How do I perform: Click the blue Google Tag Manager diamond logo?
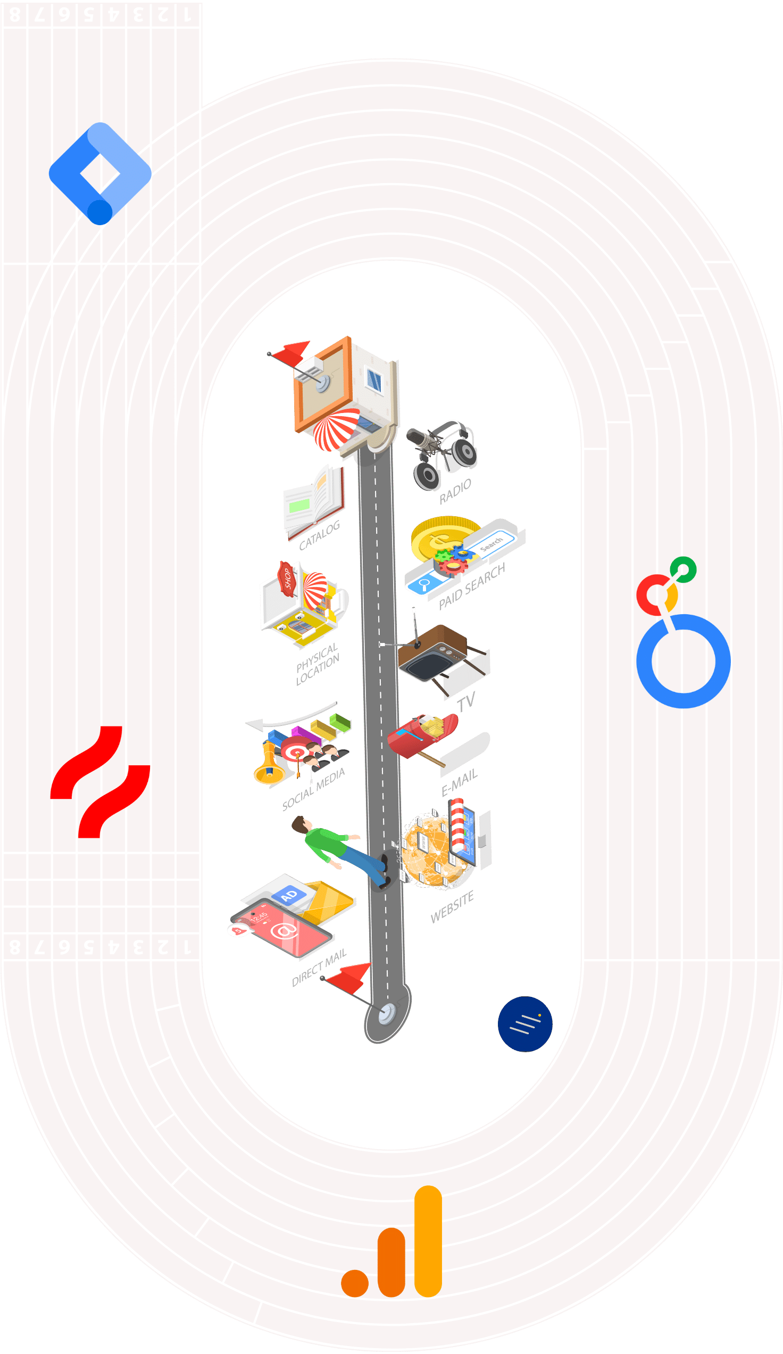(100, 173)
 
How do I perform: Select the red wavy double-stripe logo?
(100, 782)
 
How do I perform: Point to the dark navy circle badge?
(524, 1023)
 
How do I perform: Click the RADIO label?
(455, 491)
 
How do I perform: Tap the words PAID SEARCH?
(471, 586)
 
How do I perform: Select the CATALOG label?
(320, 535)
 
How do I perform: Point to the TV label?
(465, 701)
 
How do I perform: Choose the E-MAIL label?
(459, 783)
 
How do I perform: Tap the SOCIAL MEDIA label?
(314, 789)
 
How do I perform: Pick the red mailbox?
(419, 736)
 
